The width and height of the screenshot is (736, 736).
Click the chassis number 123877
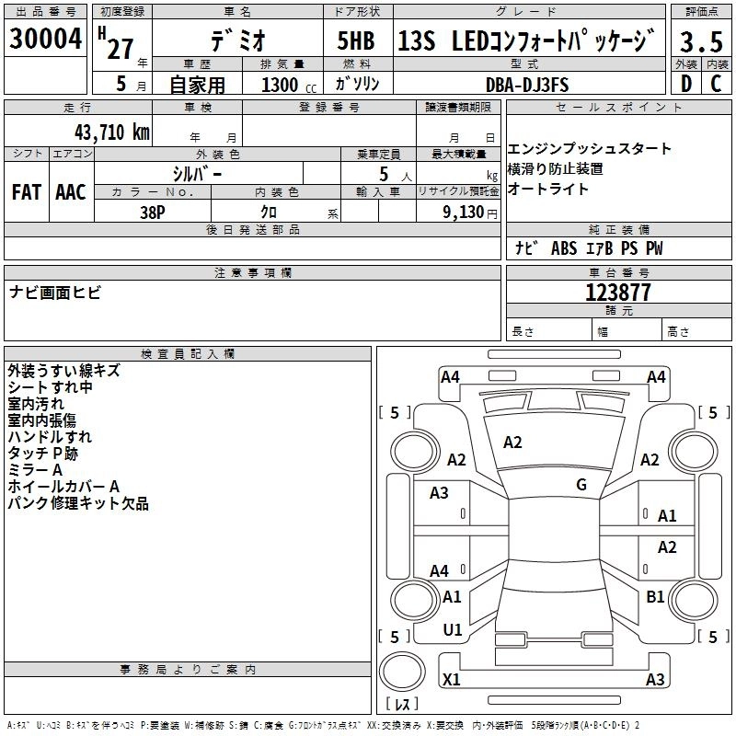pos(618,293)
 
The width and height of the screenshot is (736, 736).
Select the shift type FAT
pos(27,192)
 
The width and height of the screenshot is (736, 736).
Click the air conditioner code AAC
pos(71,192)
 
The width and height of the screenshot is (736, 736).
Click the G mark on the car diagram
pos(581,485)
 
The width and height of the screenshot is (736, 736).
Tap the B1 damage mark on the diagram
pos(655,597)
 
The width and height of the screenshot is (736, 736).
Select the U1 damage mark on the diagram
pos(452,630)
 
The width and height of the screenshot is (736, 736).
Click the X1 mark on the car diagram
pos(451,680)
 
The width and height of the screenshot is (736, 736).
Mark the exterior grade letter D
pos(684,84)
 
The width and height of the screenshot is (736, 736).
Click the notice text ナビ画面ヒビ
pos(55,293)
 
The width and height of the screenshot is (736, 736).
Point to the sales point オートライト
pos(548,190)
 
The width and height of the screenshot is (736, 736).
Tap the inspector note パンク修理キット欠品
pos(77,504)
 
